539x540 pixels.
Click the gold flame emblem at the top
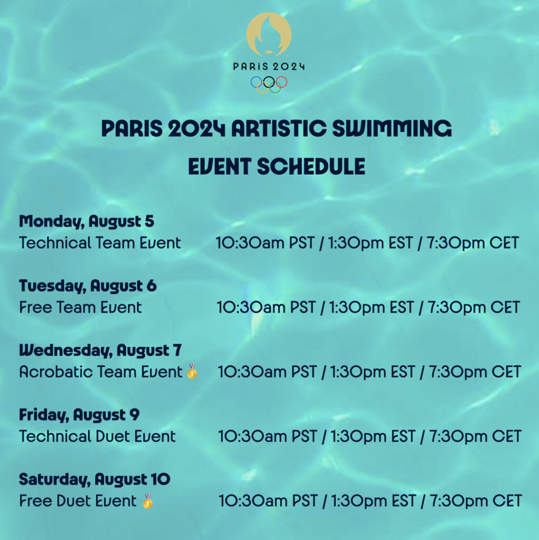pos(269,34)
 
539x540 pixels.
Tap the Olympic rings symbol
pos(269,84)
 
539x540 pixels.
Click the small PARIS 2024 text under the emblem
pos(269,66)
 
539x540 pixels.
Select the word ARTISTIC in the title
pos(279,129)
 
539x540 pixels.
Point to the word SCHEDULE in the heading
pos(311,167)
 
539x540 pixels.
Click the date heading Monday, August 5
pos(87,222)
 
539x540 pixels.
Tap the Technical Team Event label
pos(100,243)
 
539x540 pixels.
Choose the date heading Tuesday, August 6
pos(88,286)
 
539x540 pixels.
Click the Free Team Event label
pos(80,307)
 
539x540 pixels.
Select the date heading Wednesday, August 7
pos(100,351)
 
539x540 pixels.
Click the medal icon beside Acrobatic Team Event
pos(192,371)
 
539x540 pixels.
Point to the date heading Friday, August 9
pos(79,415)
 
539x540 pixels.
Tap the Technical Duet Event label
pos(98,436)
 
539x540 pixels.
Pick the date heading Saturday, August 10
pos(94,479)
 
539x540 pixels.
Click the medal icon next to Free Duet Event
pos(148,501)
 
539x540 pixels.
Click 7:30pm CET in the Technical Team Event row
pos(473,243)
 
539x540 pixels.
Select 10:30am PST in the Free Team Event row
pos(266,307)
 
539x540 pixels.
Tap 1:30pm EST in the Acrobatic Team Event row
pos(372,372)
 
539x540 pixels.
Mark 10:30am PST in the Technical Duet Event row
pos(268,436)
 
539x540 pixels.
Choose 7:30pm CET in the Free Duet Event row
pos(476,501)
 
